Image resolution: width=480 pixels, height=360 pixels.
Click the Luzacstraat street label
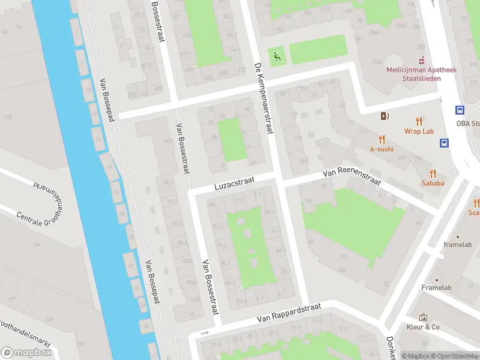(x=235, y=182)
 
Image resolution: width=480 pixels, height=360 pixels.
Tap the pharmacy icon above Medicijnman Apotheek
(x=421, y=60)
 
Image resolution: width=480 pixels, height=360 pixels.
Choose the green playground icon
(x=277, y=57)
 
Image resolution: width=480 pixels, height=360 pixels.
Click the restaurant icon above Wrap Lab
(x=419, y=121)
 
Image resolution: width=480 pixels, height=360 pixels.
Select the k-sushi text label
(x=382, y=149)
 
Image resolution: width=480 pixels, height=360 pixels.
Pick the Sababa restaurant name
(x=433, y=183)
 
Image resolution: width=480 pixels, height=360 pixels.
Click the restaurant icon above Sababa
(x=433, y=172)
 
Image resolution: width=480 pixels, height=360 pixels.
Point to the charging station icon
(x=384, y=116)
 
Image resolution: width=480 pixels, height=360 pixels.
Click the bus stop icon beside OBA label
(x=460, y=110)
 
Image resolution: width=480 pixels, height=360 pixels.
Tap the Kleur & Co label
(x=423, y=327)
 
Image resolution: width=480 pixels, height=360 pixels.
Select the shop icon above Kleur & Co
(x=423, y=317)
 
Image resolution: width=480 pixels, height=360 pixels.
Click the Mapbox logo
(x=26, y=352)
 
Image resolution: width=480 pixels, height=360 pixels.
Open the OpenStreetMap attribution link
(x=453, y=356)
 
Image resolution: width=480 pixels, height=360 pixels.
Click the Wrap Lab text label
(x=419, y=131)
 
